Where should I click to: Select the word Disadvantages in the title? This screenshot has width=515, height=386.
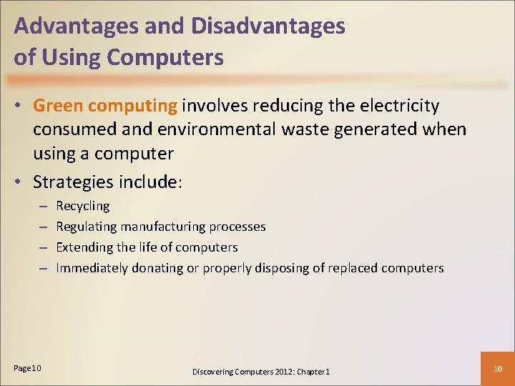tap(268, 27)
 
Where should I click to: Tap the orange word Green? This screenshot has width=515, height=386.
tap(59, 107)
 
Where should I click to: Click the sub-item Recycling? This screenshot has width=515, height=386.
tap(83, 207)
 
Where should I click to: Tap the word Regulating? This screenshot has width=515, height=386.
tap(87, 227)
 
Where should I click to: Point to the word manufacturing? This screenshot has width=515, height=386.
tap(164, 227)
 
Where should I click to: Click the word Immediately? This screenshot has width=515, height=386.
tap(92, 268)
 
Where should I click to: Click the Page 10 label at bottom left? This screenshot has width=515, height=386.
tap(28, 367)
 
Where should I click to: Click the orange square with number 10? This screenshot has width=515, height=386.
tap(498, 368)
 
